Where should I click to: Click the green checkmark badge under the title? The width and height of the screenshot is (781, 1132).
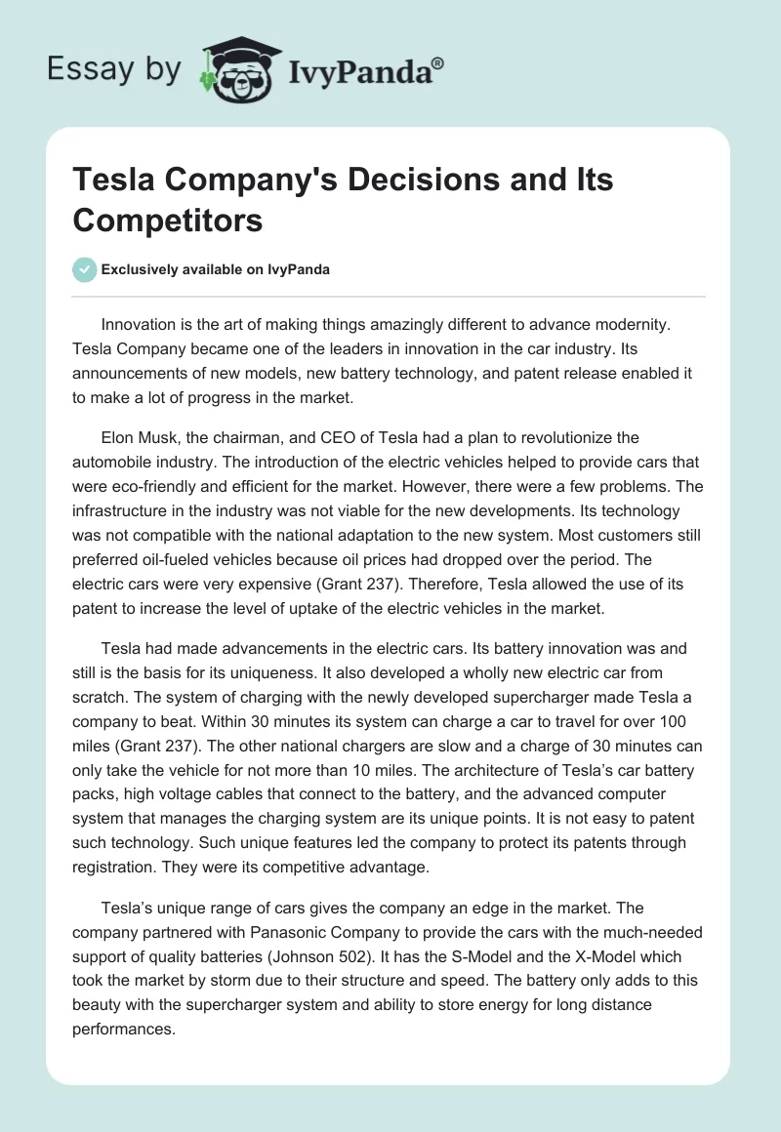85,269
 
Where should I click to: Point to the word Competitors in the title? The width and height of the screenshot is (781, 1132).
168,220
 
